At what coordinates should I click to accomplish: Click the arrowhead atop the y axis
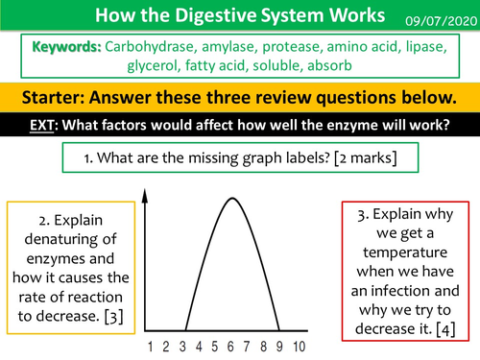[x=143, y=193]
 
